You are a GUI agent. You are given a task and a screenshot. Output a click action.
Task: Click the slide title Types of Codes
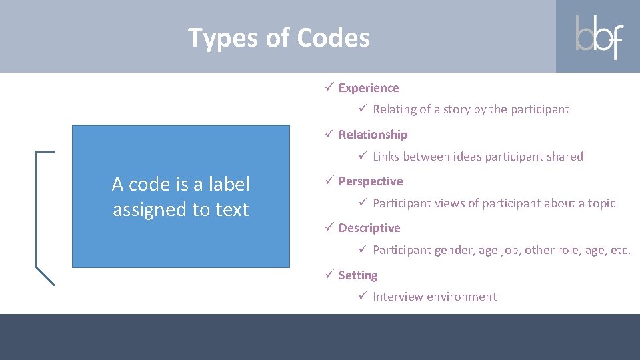279,38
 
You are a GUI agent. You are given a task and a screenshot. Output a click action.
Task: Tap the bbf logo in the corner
599,37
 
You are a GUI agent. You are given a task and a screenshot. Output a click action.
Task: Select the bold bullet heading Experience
369,88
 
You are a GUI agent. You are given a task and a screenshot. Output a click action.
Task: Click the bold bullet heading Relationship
373,135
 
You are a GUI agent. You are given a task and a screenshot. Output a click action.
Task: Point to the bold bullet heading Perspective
371,181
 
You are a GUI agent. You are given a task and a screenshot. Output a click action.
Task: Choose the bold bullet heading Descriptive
369,228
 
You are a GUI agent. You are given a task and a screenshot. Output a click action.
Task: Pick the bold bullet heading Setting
358,275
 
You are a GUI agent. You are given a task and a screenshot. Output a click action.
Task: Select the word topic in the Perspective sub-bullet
600,203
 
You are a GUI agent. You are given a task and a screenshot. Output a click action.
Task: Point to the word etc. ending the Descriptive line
620,251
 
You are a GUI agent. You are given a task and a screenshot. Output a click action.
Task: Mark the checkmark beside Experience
329,88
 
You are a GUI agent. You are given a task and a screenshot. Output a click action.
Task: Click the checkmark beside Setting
329,275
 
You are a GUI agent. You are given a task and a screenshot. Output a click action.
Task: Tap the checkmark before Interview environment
363,296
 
